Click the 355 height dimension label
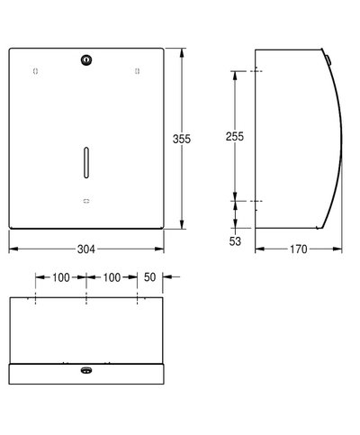pyautogui.click(x=184, y=139)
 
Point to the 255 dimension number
pyautogui.click(x=235, y=135)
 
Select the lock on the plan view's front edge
pyautogui.click(x=85, y=370)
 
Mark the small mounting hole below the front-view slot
pyautogui.click(x=85, y=200)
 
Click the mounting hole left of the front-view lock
pyautogui.click(x=35, y=70)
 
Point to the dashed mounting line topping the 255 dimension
pyautogui.click(x=256, y=70)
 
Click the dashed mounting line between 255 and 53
pyautogui.click(x=256, y=201)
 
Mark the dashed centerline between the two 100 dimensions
pyautogui.click(x=85, y=297)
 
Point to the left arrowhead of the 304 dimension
pyautogui.click(x=13, y=243)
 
